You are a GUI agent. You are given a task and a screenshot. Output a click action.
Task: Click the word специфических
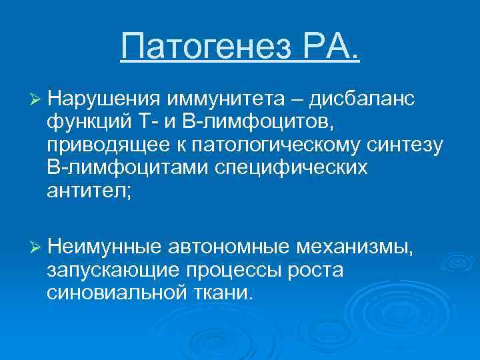coord(291,168)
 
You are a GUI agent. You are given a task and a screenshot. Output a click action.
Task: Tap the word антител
coord(88,191)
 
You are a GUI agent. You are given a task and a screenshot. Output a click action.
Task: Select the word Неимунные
coord(105,248)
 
